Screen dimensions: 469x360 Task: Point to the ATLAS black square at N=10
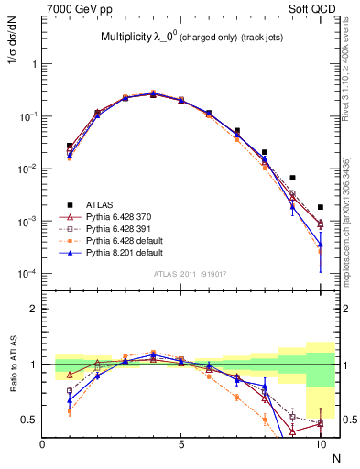[x=321, y=207]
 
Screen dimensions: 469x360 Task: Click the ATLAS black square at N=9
[x=292, y=178]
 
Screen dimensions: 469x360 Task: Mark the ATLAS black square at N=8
[x=265, y=152]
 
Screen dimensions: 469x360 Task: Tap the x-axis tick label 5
[x=181, y=444]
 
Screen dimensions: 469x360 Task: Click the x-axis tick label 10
[x=320, y=444]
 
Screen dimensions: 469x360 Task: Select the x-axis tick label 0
[x=43, y=444]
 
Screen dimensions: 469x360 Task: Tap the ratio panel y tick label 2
[x=34, y=309]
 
